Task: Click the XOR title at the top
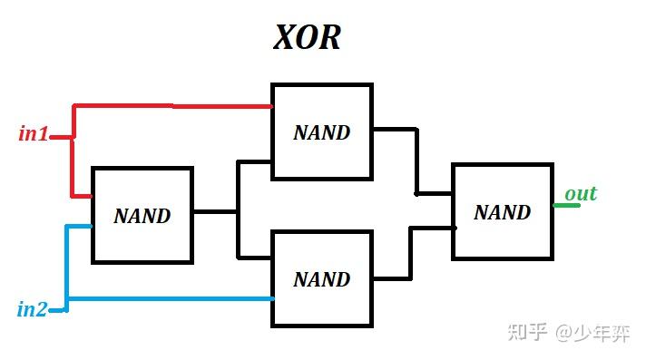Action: [x=307, y=38]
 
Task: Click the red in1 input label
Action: [x=34, y=134]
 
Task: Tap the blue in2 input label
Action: [x=32, y=309]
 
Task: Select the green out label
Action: [x=581, y=194]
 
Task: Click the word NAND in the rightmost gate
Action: [x=502, y=212]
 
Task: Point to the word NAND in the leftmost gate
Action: [x=142, y=217]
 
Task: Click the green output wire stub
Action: [x=566, y=205]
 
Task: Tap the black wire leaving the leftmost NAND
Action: [x=214, y=211]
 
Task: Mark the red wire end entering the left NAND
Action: [x=82, y=195]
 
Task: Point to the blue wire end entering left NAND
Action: [x=80, y=226]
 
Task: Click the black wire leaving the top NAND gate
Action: [x=394, y=129]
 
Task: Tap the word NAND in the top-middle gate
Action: [x=321, y=132]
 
